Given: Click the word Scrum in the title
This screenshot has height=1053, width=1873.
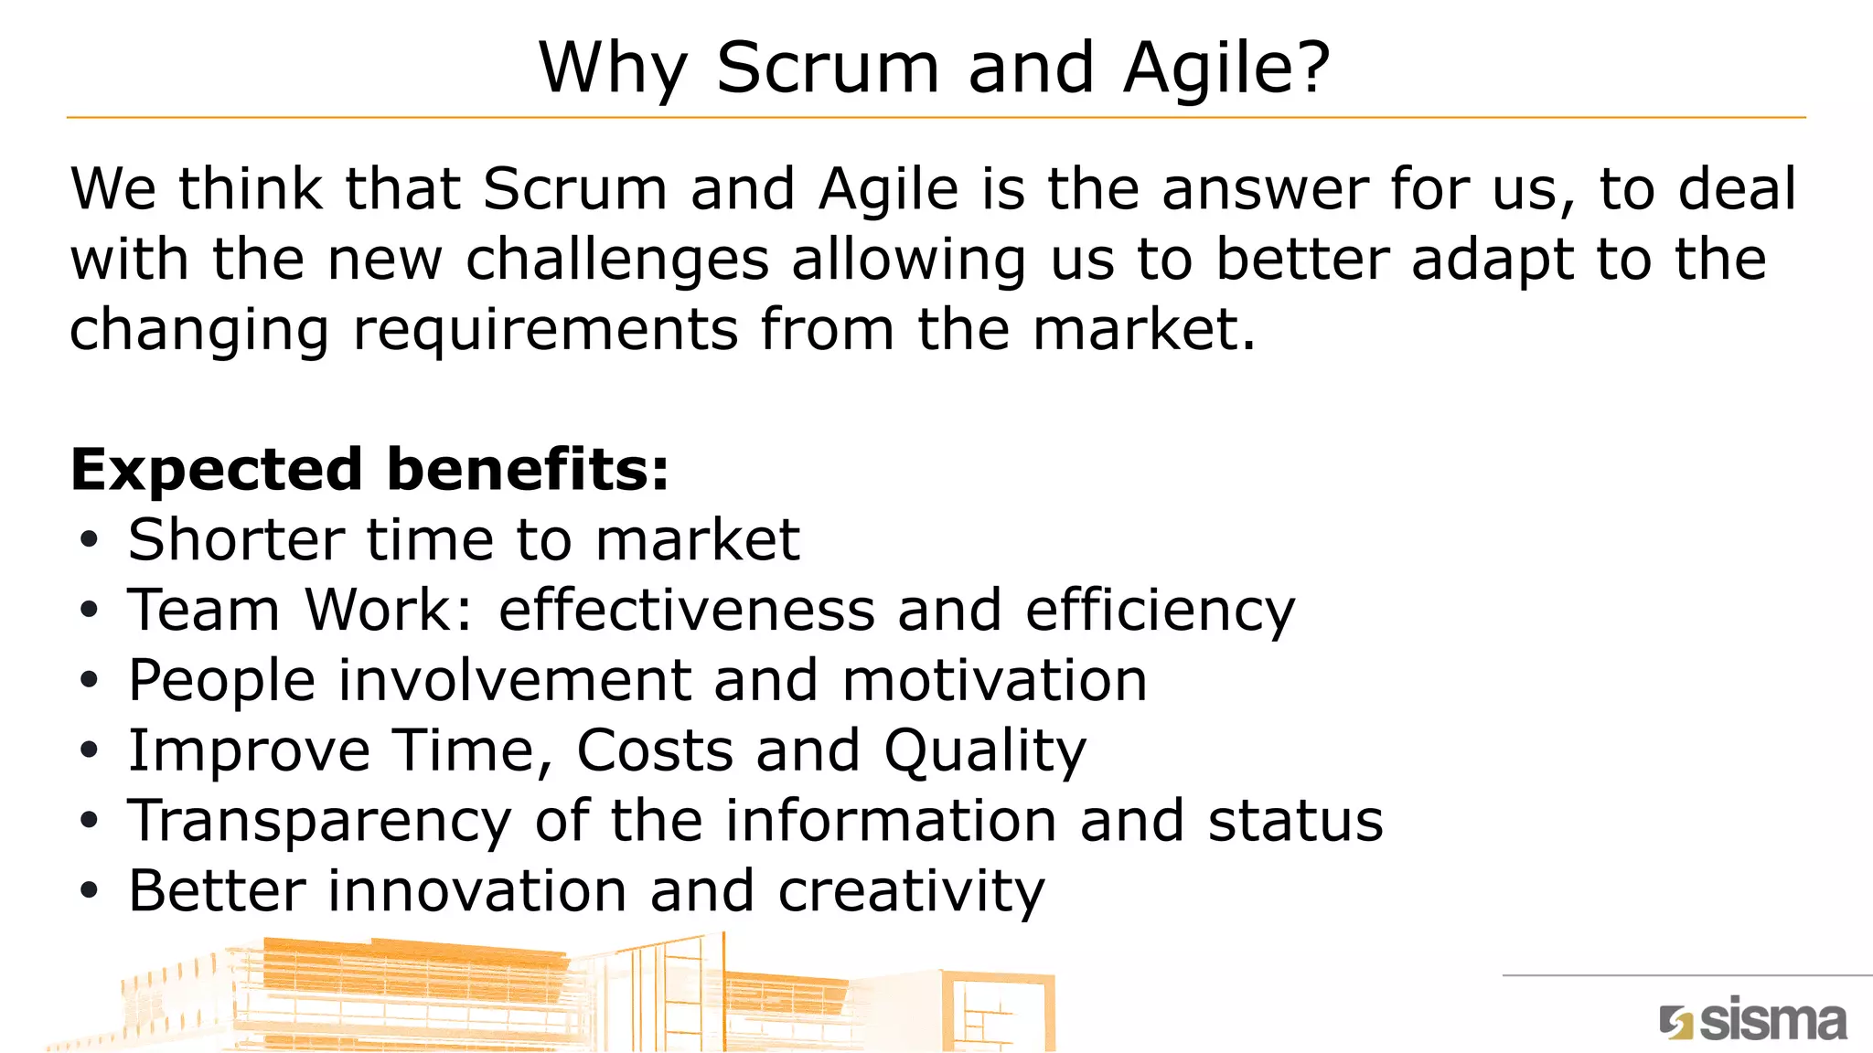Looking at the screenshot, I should pos(828,68).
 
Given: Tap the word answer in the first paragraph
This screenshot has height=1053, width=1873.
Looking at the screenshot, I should pos(1265,189).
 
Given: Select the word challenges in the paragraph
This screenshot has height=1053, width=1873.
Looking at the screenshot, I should pos(617,261).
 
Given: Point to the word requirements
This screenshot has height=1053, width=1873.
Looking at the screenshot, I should pos(545,330).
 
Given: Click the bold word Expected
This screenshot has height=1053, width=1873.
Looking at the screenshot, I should pos(217,470).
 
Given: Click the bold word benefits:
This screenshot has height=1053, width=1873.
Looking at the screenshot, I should pos(528,470).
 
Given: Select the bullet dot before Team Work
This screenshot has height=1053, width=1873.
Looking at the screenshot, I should pos(89,611).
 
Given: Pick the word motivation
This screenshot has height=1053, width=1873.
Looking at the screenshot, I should pos(994,681).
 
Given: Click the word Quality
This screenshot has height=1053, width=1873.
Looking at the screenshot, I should pos(985,751).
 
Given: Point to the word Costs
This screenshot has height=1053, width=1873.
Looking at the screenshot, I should pos(655,751).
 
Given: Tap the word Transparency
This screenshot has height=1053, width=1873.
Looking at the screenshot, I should pos(319,821).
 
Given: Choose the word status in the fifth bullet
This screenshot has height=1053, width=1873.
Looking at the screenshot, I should pos(1295,821).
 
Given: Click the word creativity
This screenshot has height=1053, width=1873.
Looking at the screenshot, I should pos(911,891).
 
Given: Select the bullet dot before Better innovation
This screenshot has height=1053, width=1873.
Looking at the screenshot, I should pos(89,891).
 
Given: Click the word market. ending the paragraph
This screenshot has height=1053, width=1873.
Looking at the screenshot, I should pos(1144,330).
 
